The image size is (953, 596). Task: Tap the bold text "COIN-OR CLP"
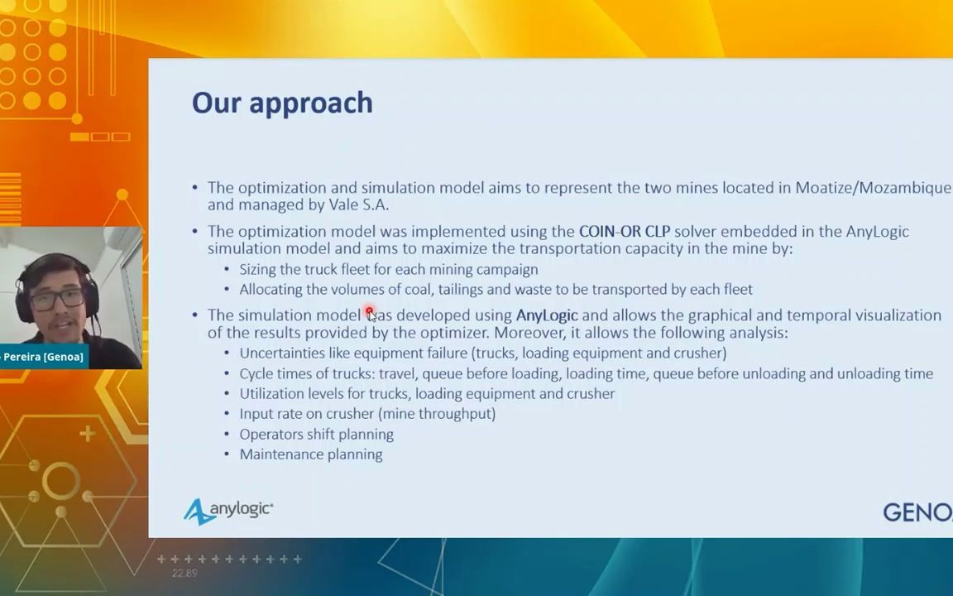click(625, 232)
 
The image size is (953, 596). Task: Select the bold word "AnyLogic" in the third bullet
click(546, 315)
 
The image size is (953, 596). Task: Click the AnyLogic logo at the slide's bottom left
click(228, 511)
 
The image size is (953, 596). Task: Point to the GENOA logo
click(917, 512)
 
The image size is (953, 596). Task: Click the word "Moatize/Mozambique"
click(873, 188)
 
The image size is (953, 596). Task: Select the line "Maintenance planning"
click(310, 455)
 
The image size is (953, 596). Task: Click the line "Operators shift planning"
click(316, 435)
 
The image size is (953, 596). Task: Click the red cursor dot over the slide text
click(369, 310)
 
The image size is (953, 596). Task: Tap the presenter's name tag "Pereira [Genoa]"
click(44, 357)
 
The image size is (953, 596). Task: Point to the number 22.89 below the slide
click(184, 573)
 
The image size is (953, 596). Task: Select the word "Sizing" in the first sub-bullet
click(258, 270)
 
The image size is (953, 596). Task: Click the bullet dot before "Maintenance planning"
click(227, 455)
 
